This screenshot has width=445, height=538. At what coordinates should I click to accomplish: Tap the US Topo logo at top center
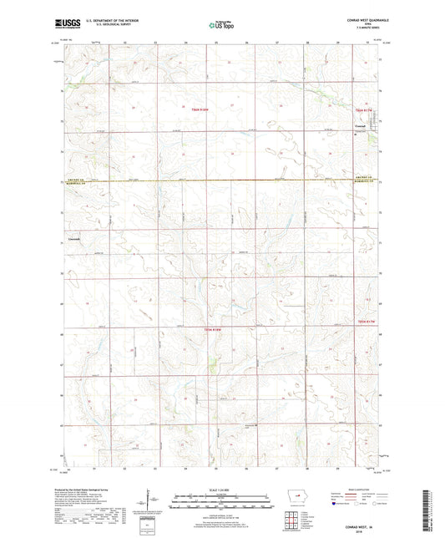220,26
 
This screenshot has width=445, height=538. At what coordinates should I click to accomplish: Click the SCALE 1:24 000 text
221,489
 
